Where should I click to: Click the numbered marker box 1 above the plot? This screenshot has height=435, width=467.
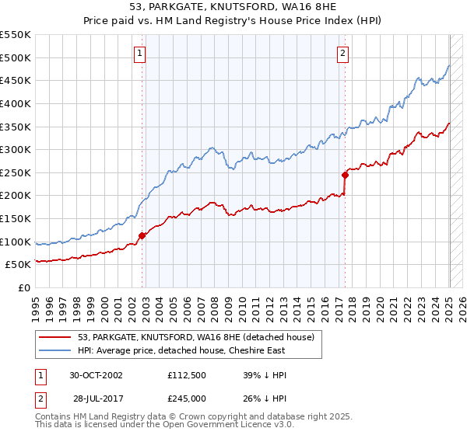point(139,54)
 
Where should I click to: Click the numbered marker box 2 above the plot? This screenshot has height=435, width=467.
point(342,54)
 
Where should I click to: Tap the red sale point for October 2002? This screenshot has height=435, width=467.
point(142,235)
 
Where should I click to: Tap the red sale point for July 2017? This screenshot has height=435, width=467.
point(345,175)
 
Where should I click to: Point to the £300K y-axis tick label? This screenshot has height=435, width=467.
point(16,149)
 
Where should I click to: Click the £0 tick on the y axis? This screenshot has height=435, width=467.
point(25,287)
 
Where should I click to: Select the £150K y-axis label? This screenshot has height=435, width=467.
point(16,218)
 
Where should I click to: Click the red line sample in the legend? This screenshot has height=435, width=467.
point(56,337)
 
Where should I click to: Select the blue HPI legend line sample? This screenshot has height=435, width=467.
point(56,350)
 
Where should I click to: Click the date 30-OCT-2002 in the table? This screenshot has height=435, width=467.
point(96,375)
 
